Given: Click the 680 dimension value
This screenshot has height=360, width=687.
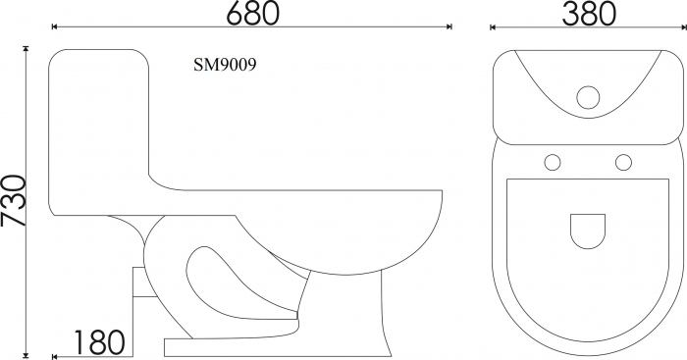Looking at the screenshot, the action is (x=252, y=13).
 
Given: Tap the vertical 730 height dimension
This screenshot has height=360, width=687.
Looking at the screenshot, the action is (x=13, y=200).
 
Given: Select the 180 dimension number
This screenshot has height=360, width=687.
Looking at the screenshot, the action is (x=99, y=342).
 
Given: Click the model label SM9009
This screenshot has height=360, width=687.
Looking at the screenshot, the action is (x=225, y=66).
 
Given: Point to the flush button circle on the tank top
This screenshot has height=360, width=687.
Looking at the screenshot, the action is (x=588, y=97).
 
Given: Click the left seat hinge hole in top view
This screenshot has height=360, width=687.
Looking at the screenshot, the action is (x=553, y=163).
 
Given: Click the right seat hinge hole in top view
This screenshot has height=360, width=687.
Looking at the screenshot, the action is (x=623, y=163).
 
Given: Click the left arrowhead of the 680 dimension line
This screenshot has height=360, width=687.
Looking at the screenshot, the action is (x=54, y=26).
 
